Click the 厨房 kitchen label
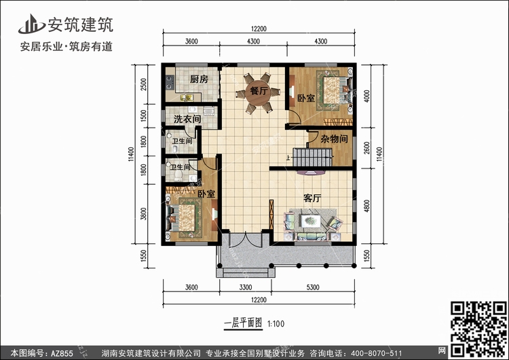(x=199, y=79)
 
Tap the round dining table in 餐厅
(x=258, y=92)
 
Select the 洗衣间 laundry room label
(x=187, y=120)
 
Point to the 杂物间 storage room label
(x=335, y=139)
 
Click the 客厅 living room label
(x=313, y=198)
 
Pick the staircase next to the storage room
(x=312, y=158)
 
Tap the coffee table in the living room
(x=311, y=221)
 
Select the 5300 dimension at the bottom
(x=313, y=287)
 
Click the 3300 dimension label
(x=246, y=287)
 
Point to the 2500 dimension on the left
(x=144, y=84)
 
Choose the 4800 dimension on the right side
(x=366, y=206)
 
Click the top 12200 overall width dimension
(x=259, y=29)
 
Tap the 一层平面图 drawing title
(x=243, y=323)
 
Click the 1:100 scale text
(x=276, y=324)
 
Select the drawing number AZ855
(x=60, y=353)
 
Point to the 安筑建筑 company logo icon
(x=31, y=24)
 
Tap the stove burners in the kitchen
(x=170, y=82)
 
